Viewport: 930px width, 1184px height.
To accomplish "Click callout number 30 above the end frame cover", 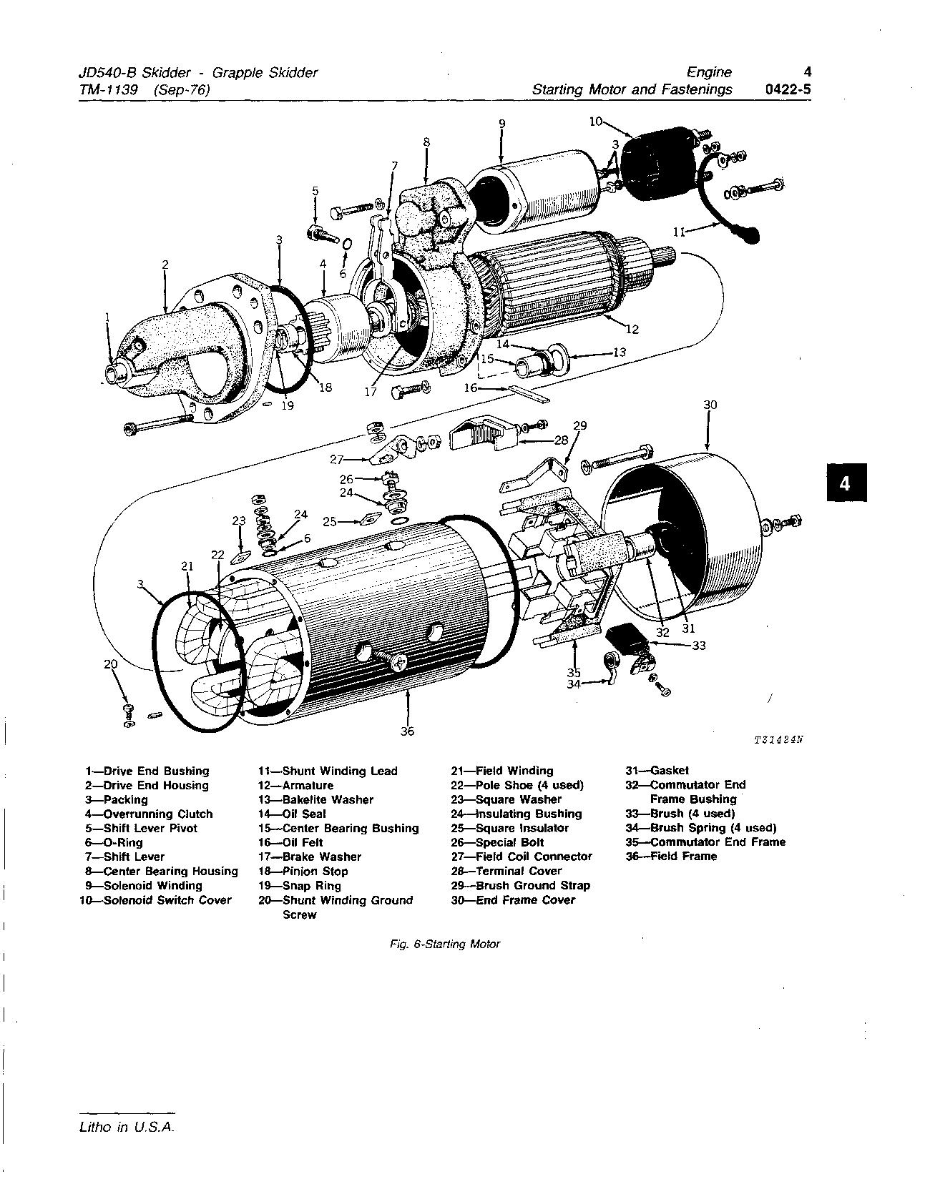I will [709, 405].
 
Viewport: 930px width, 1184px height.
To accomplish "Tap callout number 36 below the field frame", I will [407, 731].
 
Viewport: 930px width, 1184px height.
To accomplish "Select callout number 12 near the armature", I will [632, 330].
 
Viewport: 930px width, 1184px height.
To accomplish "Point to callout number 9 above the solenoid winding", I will [501, 123].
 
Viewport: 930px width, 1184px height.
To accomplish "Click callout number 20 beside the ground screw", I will [110, 664].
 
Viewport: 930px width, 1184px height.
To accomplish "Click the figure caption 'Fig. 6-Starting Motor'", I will [445, 944].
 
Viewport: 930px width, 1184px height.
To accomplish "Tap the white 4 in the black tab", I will [844, 484].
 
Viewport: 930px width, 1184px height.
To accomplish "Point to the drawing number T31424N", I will [779, 740].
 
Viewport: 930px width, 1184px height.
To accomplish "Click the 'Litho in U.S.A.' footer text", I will [127, 1128].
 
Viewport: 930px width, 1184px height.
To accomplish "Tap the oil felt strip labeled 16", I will [530, 394].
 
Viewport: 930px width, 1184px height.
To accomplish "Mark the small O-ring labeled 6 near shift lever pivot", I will [347, 245].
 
